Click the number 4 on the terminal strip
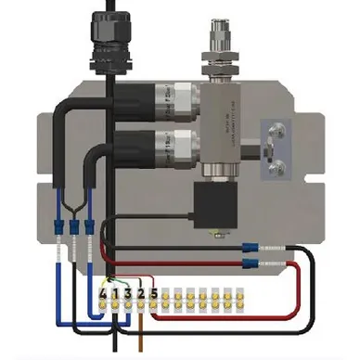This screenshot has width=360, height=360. pos(103,295)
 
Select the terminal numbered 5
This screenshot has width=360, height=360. pos(154,295)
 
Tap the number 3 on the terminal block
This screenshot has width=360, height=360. pos(128,295)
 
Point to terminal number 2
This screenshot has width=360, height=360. pos(141,295)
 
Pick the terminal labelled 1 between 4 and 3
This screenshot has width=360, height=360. pos(115,295)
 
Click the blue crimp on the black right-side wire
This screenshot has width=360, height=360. pos(248,248)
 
